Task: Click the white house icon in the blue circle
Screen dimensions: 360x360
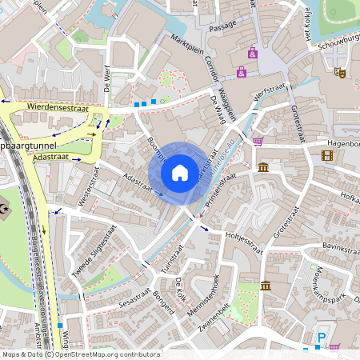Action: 180,173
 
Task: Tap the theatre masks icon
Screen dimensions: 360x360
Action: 339,72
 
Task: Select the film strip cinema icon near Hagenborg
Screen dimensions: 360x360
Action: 326,155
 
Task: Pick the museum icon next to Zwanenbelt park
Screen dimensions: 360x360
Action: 266,286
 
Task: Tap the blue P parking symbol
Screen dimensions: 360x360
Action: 322,338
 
